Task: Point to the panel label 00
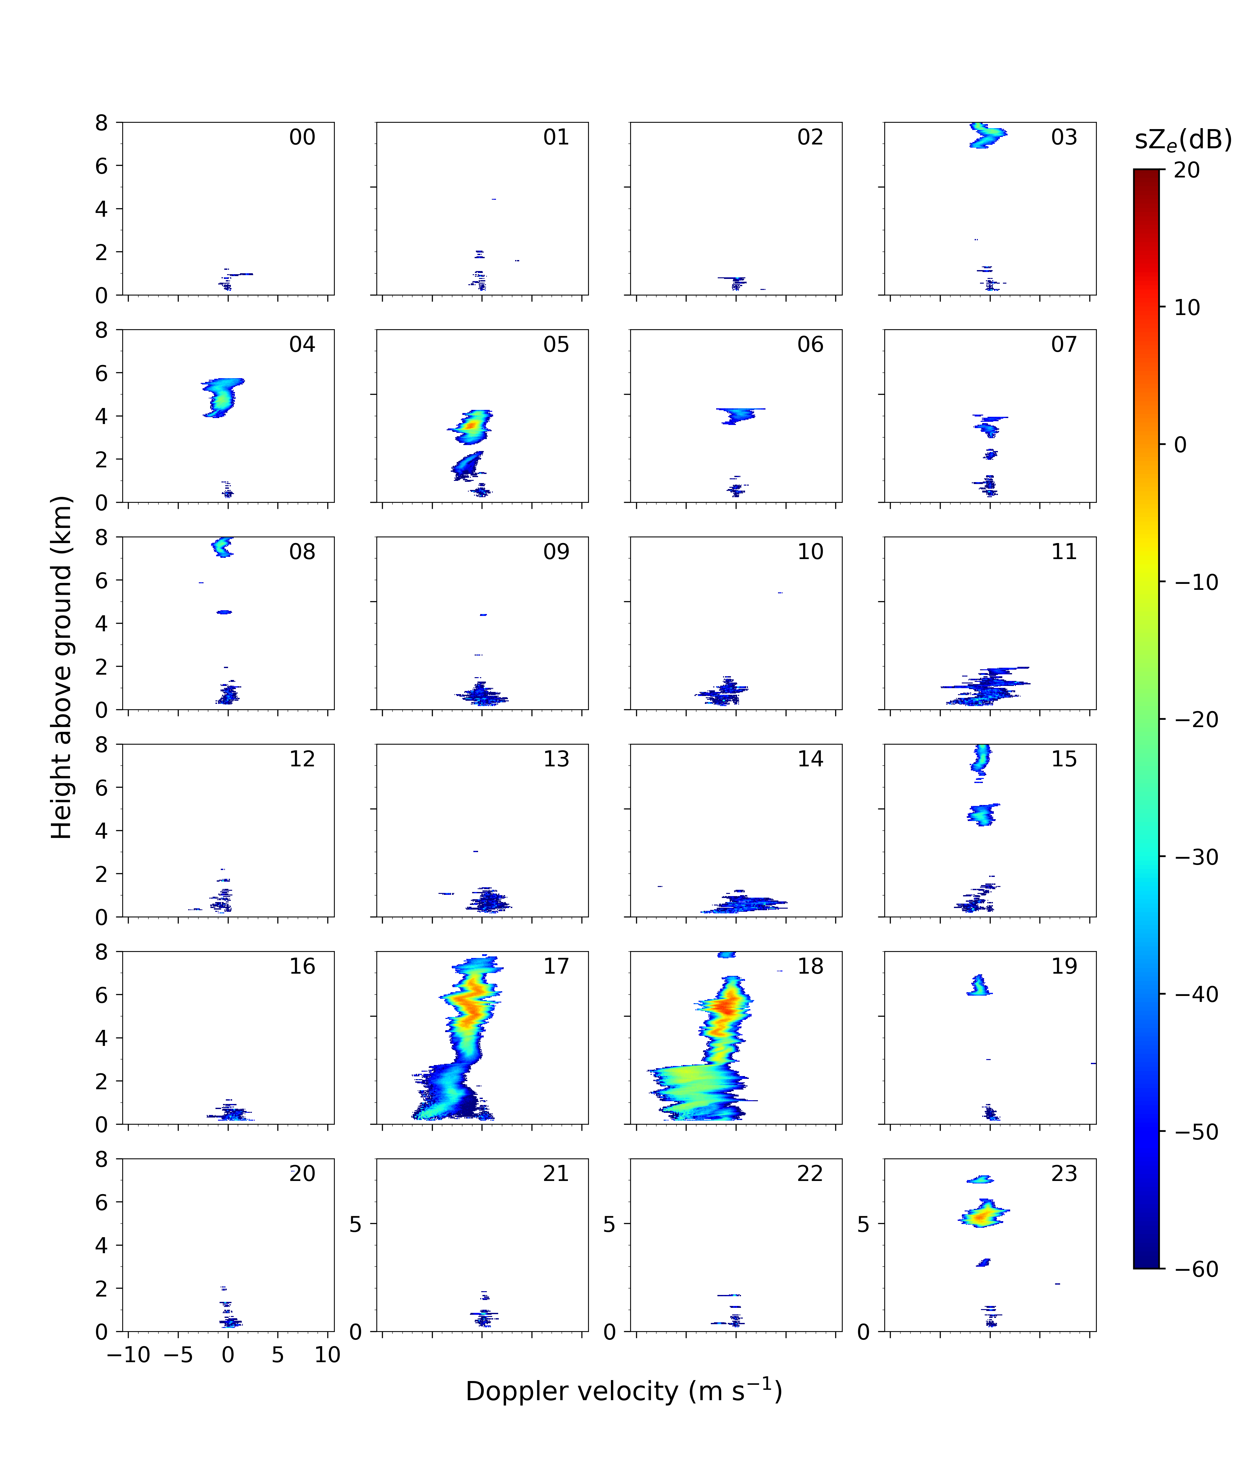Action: click(302, 137)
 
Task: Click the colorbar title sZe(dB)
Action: click(1183, 140)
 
